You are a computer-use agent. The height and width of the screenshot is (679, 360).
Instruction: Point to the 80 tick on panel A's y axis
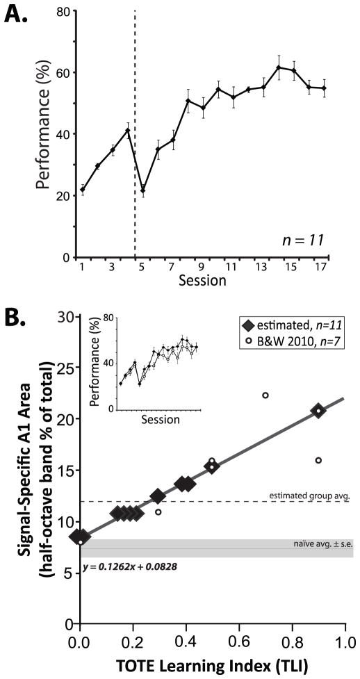(x=61, y=11)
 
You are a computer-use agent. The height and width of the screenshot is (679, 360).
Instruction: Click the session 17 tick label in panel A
(x=324, y=266)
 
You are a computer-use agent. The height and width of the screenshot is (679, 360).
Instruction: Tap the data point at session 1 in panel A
(x=82, y=189)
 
